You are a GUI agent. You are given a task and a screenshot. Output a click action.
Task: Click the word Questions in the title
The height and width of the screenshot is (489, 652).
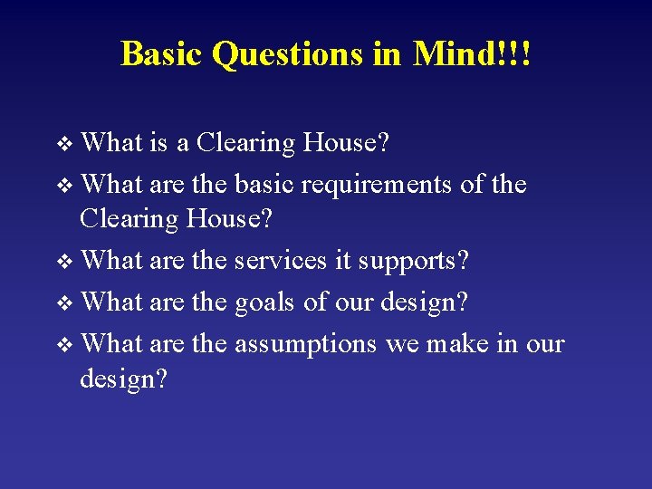click(287, 53)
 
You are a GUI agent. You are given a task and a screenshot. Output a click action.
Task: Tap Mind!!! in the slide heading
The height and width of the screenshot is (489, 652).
click(472, 53)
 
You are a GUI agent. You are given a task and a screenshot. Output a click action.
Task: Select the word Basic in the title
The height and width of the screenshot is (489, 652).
click(162, 53)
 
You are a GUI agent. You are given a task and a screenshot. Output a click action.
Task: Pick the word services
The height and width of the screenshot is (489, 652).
click(281, 261)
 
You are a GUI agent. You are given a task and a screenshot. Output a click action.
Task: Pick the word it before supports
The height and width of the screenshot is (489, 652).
click(342, 261)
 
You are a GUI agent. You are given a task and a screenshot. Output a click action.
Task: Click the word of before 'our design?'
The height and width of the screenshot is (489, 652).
click(316, 302)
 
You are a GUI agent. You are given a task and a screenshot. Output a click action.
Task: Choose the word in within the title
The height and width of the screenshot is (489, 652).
click(387, 53)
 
